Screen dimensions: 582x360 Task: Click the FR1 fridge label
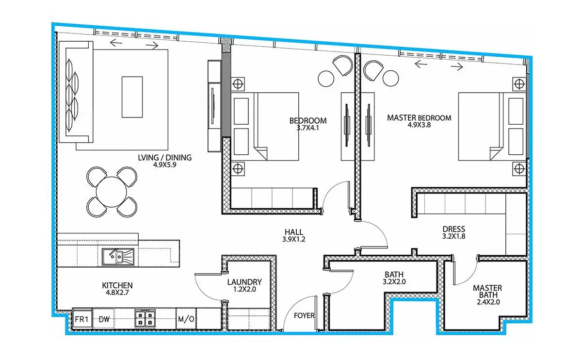tap(81, 319)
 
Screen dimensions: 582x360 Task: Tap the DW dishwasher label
tap(104, 319)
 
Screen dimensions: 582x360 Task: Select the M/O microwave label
tap(186, 319)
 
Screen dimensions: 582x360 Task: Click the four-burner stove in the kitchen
tap(145, 319)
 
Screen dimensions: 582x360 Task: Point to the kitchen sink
tap(118, 257)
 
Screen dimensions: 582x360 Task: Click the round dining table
tap(111, 192)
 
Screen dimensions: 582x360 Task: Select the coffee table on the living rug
tap(132, 97)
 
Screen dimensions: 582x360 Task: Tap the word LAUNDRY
tap(244, 282)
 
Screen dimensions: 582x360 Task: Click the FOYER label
tap(304, 315)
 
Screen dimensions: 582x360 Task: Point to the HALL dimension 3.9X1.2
tap(294, 239)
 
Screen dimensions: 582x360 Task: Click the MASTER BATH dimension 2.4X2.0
tap(488, 302)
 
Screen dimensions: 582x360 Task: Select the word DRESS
tap(454, 229)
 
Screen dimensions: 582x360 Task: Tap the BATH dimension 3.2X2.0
tap(394, 281)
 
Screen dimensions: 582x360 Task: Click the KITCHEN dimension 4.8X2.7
tap(117, 293)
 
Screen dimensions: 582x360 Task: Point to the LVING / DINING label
tap(165, 158)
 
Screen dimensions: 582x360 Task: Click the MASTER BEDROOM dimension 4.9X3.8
tap(419, 125)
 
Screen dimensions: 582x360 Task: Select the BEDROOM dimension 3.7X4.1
tap(308, 128)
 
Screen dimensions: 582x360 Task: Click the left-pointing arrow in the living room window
tap(116, 42)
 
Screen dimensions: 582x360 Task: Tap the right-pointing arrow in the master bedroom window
tap(457, 67)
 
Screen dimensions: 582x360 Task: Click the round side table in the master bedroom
tap(391, 78)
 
